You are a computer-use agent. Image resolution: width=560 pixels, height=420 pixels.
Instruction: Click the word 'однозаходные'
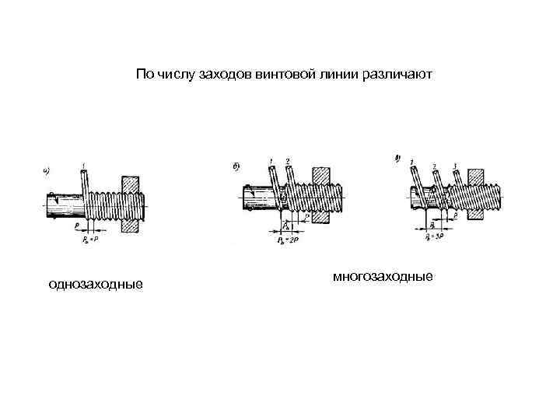95,285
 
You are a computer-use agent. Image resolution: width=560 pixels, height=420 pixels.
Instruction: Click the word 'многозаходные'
382,276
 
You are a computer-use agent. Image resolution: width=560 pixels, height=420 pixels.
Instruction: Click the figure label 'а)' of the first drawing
47,169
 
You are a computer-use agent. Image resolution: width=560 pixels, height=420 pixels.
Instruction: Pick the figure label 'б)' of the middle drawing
236,166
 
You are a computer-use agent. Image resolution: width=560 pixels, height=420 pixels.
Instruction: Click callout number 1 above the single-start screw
82,163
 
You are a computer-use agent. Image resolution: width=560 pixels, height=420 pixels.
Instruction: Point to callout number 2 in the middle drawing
288,161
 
